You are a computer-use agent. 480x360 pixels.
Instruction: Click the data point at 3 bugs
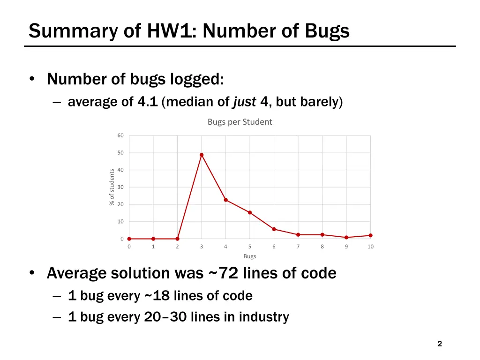pyautogui.click(x=202, y=155)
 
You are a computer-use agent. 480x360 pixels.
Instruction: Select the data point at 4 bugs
pyautogui.click(x=226, y=200)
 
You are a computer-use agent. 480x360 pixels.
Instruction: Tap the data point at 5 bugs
pyautogui.click(x=250, y=212)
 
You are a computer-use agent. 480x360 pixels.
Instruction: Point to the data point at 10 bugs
pyautogui.click(x=370, y=235)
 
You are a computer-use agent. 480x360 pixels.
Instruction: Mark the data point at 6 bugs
pyautogui.click(x=274, y=229)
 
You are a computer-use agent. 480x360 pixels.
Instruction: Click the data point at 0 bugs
pyautogui.click(x=129, y=239)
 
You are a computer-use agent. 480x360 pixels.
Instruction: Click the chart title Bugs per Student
pyautogui.click(x=240, y=122)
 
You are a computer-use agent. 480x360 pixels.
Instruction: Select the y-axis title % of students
pyautogui.click(x=112, y=187)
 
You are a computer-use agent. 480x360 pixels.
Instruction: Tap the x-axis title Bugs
pyautogui.click(x=250, y=256)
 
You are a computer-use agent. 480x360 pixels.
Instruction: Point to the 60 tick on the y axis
pyautogui.click(x=120, y=136)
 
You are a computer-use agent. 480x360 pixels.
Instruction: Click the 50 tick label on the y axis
pyautogui.click(x=120, y=153)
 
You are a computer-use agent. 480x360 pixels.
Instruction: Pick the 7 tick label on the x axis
pyautogui.click(x=298, y=247)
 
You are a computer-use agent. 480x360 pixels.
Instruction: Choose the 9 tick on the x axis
pyautogui.click(x=346, y=247)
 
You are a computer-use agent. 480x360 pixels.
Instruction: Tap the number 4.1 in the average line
pyautogui.click(x=148, y=102)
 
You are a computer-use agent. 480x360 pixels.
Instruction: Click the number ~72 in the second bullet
pyautogui.click(x=222, y=273)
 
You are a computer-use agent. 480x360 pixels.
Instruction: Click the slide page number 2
pyautogui.click(x=439, y=344)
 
